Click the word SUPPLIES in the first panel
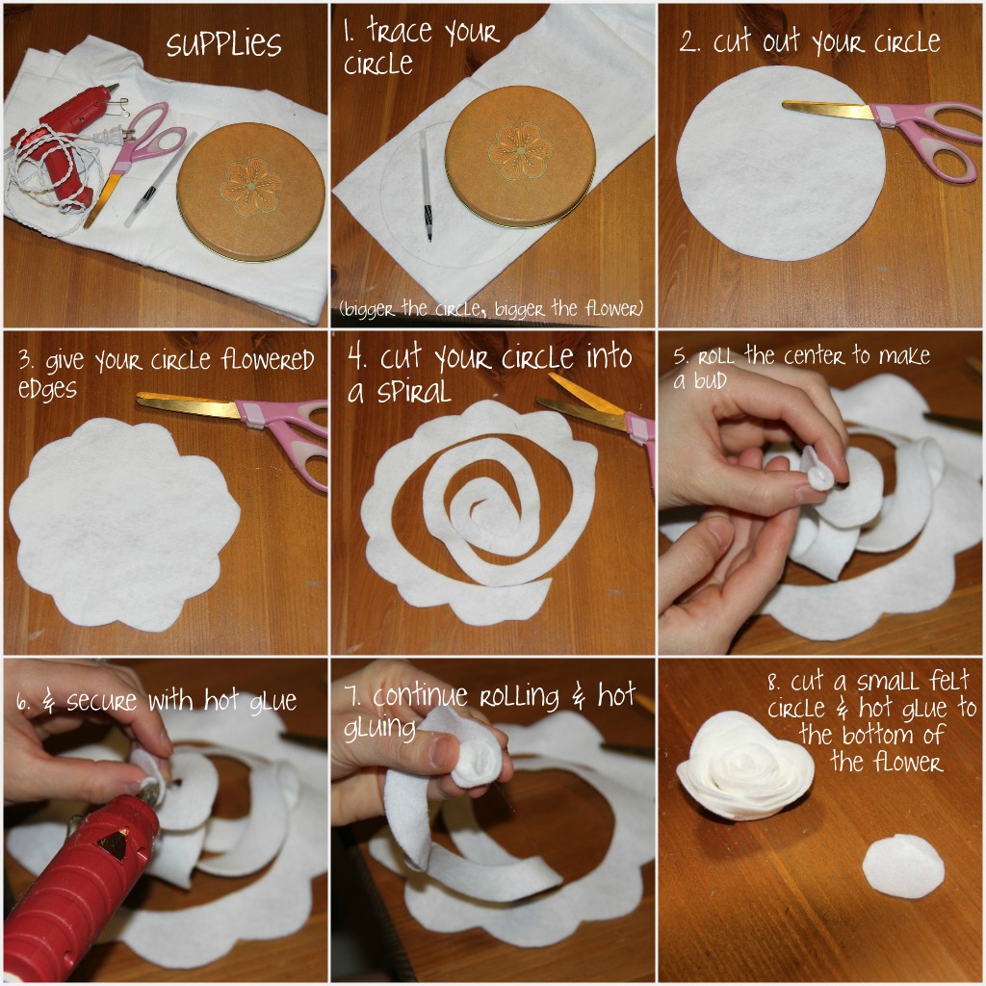point(223,44)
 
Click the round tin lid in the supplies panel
point(250,190)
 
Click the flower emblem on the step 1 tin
point(520,150)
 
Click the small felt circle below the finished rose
point(902,867)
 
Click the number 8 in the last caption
point(773,683)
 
